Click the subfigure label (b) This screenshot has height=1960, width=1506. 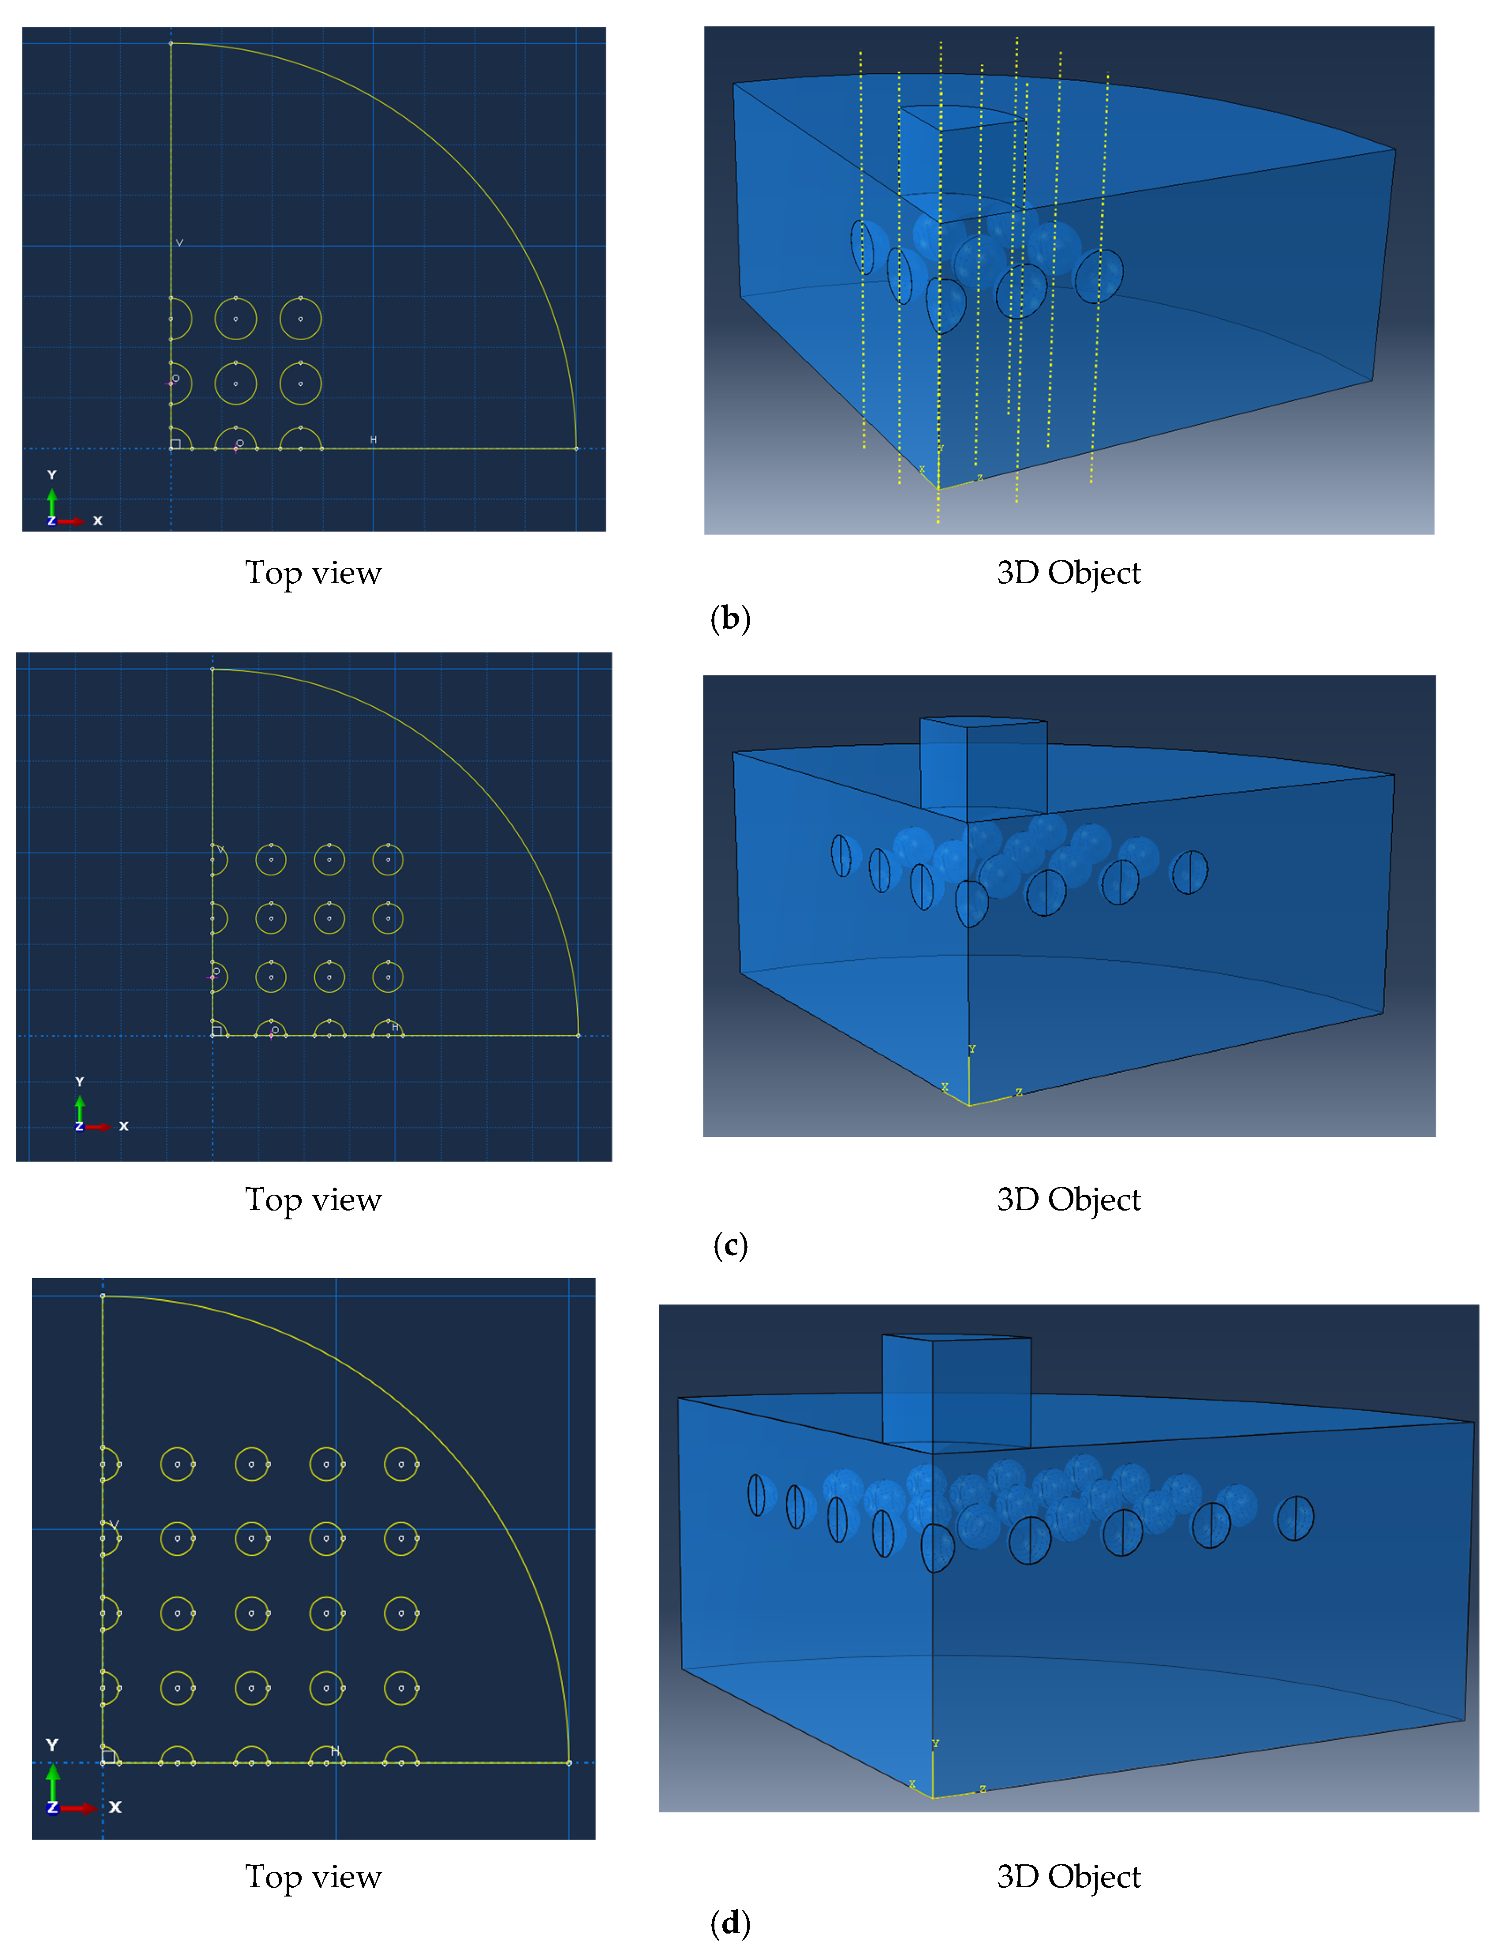point(730,619)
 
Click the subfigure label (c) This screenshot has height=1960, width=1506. point(730,1245)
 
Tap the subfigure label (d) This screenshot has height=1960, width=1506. point(730,1923)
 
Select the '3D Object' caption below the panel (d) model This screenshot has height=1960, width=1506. point(1069,1876)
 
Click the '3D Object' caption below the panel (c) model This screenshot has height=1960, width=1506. point(1069,1199)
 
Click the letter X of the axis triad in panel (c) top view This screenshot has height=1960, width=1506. point(124,1125)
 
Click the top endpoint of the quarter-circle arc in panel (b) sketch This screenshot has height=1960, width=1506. point(171,43)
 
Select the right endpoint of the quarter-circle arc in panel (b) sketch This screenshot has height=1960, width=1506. point(576,448)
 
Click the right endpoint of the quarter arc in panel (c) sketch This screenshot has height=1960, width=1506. point(578,1035)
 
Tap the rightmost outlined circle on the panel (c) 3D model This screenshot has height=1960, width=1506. point(1189,872)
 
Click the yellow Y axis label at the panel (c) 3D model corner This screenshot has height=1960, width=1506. point(972,1049)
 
